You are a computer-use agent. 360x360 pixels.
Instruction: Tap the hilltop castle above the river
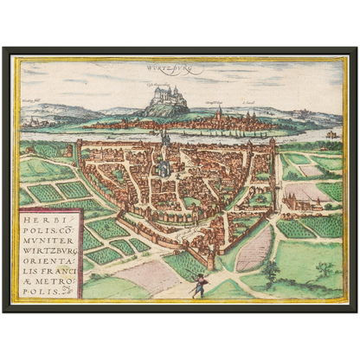pyautogui.click(x=177, y=96)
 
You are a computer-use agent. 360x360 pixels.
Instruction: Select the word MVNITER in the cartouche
pyautogui.click(x=53, y=245)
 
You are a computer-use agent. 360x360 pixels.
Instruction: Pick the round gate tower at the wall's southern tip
pyautogui.click(x=210, y=257)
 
